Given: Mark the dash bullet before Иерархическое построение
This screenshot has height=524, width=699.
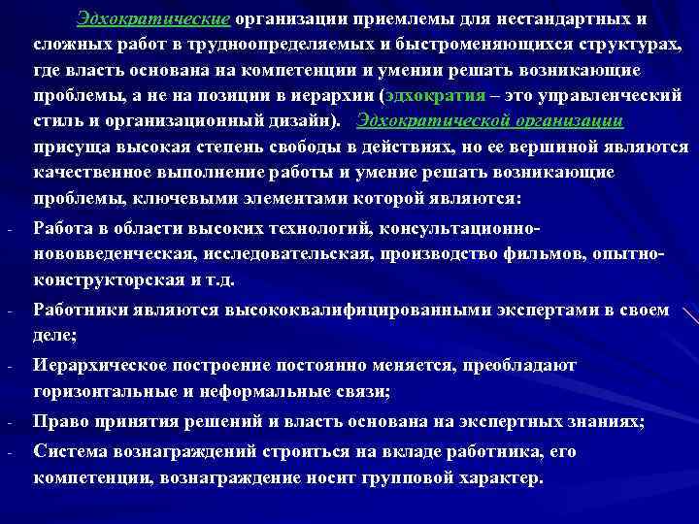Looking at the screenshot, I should click(8, 368).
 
